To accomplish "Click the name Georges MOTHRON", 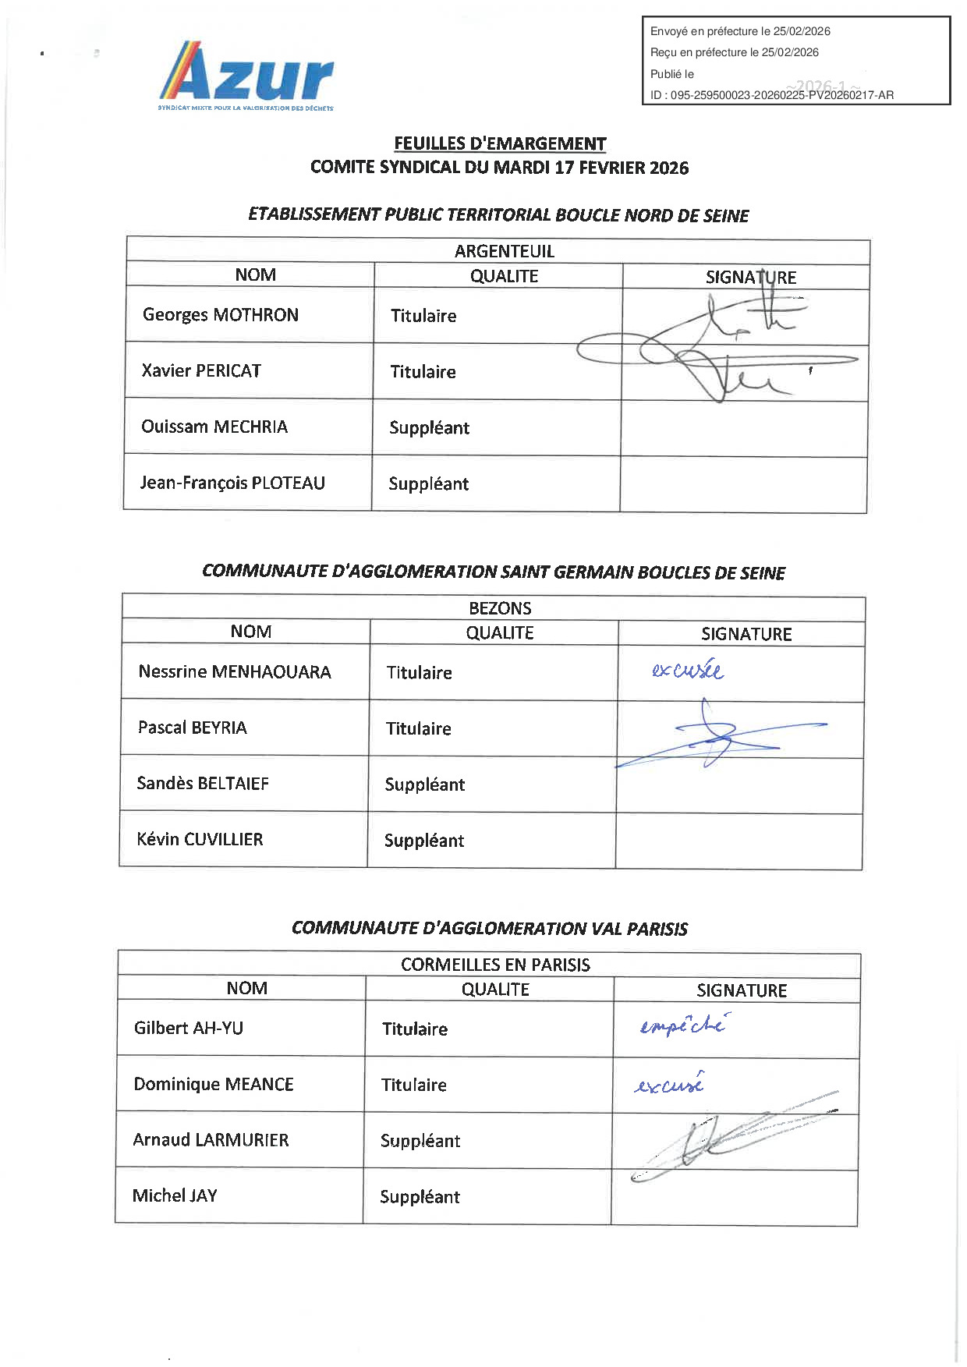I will pyautogui.click(x=220, y=315).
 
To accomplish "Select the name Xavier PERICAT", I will pyautogui.click(x=201, y=371).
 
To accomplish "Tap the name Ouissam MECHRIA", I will pyautogui.click(x=214, y=427).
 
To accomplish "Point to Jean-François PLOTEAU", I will pyautogui.click(x=232, y=483).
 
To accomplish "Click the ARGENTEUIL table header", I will pyautogui.click(x=504, y=251).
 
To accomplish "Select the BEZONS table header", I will pyautogui.click(x=500, y=608).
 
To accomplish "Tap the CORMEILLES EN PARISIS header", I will pyautogui.click(x=495, y=965).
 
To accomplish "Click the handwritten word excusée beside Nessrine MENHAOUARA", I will pyautogui.click(x=688, y=670).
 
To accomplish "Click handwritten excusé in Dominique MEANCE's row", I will pyautogui.click(x=670, y=1084).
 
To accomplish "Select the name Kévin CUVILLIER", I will pyautogui.click(x=200, y=839).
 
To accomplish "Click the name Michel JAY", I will pyautogui.click(x=175, y=1195).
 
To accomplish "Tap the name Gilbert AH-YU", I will pyautogui.click(x=189, y=1028).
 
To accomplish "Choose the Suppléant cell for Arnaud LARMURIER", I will pyautogui.click(x=420, y=1141).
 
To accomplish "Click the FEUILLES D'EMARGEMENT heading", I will pyautogui.click(x=500, y=143).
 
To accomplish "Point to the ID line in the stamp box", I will pyautogui.click(x=771, y=95).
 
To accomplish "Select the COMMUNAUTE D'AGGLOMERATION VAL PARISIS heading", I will pyautogui.click(x=490, y=928).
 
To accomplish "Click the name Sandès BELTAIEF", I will pyautogui.click(x=203, y=783).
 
